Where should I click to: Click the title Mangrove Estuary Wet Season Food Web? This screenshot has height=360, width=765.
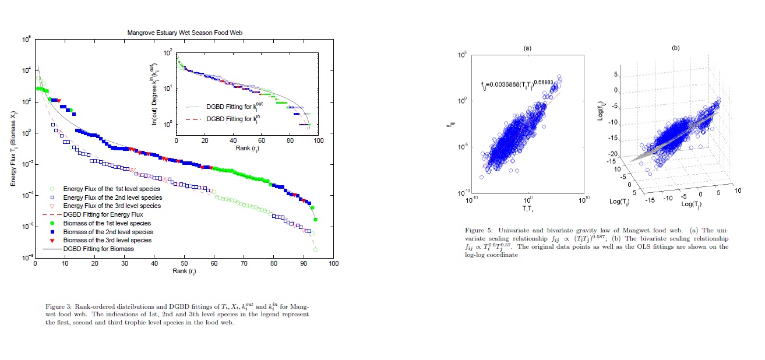184,33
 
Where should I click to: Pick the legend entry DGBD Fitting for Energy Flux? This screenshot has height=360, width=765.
103,214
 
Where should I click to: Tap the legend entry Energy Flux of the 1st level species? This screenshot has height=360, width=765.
103,189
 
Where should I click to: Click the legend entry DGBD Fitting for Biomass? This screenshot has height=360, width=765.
98,249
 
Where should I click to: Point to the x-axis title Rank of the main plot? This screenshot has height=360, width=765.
184,272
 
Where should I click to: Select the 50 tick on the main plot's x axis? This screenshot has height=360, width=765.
184,263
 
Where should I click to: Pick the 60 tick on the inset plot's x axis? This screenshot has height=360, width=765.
262,141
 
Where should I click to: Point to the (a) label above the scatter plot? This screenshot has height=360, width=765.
527,47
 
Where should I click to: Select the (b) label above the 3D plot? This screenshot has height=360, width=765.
675,47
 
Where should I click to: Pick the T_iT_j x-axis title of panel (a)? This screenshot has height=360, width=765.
527,209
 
